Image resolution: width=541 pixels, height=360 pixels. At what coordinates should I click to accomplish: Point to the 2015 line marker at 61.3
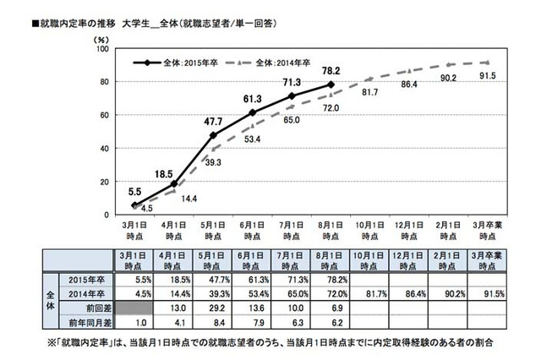253,112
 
